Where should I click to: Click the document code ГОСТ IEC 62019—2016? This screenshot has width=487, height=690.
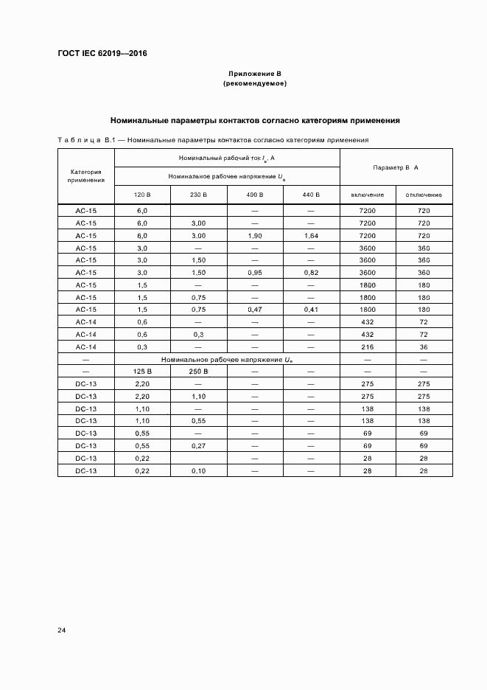[x=102, y=54]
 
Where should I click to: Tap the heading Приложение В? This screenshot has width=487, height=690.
[x=254, y=74]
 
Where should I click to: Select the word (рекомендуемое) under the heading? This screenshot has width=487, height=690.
[x=254, y=84]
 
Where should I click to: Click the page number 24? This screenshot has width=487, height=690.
[x=62, y=630]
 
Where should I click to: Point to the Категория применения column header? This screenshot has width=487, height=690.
[x=86, y=175]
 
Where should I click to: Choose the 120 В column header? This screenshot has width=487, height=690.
[x=142, y=195]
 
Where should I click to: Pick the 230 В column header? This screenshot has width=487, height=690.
[x=198, y=195]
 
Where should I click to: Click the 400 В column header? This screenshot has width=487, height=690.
[x=255, y=195]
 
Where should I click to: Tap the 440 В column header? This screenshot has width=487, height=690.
[x=311, y=195]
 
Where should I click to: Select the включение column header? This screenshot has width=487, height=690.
[x=368, y=195]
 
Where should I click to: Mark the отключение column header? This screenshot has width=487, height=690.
[x=424, y=195]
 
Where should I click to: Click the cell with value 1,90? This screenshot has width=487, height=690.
[x=255, y=235]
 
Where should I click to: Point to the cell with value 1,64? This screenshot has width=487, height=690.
[x=311, y=235]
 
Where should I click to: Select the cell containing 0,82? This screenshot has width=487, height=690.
[x=311, y=273]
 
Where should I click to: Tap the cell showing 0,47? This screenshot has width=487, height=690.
[x=255, y=310]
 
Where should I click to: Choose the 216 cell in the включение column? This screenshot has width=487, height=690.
[x=368, y=346]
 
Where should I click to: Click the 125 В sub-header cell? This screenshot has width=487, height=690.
[x=142, y=372]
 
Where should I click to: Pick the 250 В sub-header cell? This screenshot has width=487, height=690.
[x=198, y=372]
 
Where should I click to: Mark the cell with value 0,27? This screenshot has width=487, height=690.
[x=198, y=446]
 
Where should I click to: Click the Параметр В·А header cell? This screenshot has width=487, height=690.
[x=396, y=167]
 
